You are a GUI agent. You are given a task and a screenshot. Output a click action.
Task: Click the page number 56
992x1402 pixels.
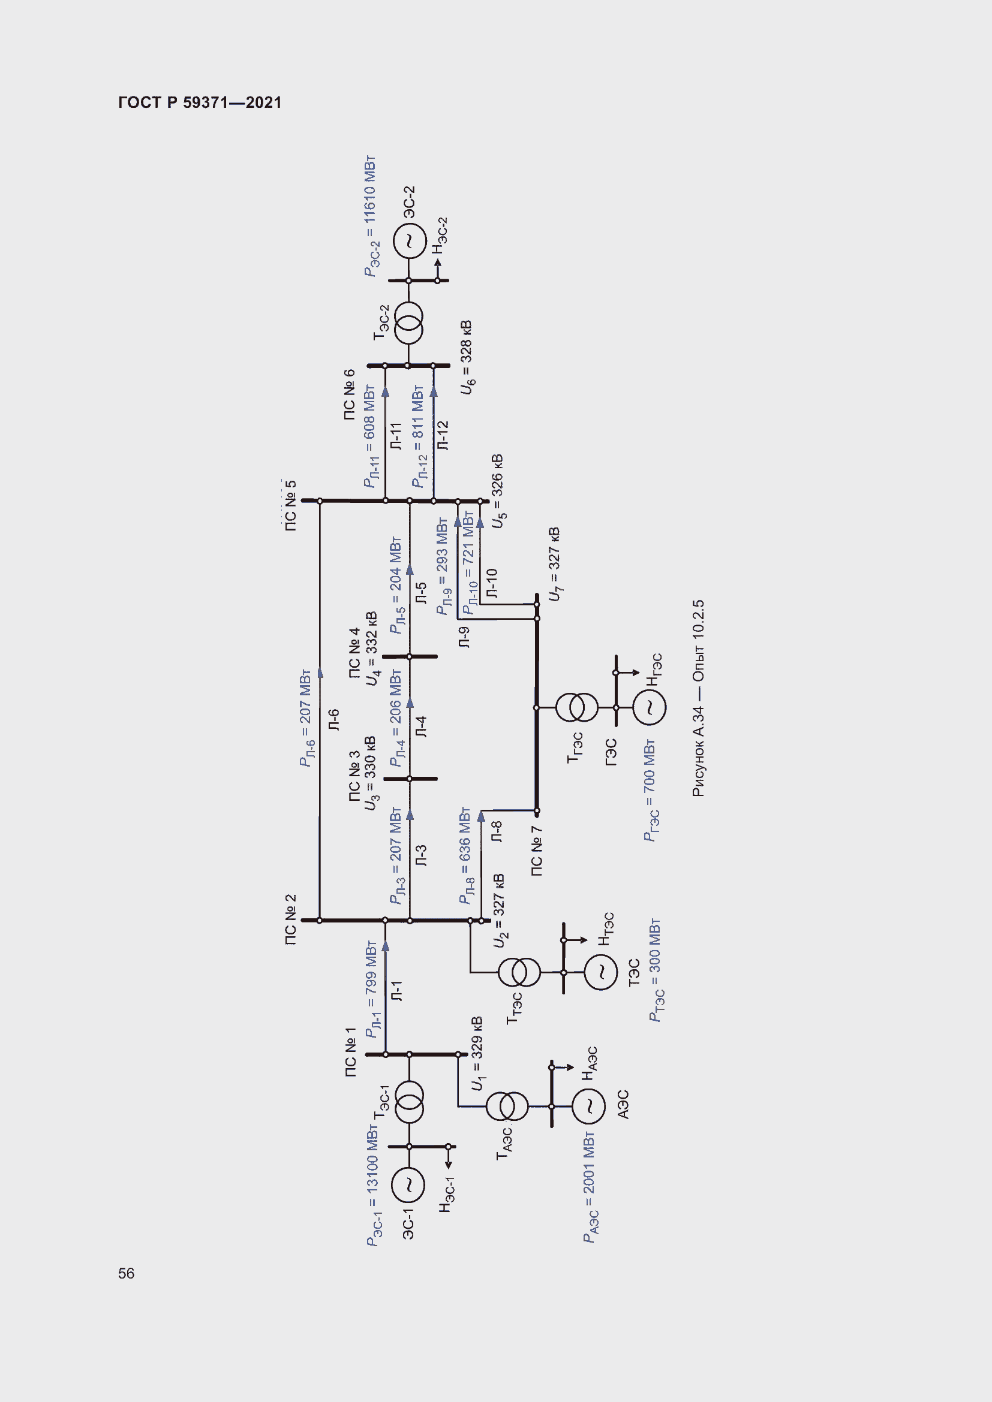(x=126, y=1273)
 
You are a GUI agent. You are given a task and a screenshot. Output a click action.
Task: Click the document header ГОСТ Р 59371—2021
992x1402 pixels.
(x=200, y=102)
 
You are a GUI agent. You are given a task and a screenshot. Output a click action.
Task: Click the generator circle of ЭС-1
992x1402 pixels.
(x=408, y=1184)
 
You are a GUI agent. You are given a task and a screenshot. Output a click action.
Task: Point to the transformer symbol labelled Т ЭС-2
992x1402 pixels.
(x=408, y=323)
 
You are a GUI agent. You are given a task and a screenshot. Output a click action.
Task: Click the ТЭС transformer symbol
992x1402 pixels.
(x=519, y=972)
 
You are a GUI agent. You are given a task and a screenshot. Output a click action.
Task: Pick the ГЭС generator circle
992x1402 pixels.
(x=650, y=708)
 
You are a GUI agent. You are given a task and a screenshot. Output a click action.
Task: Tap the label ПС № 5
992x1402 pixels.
(x=291, y=505)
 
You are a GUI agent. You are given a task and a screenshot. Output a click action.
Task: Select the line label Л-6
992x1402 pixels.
(x=334, y=720)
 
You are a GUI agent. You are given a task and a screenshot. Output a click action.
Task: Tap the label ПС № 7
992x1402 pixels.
(x=537, y=851)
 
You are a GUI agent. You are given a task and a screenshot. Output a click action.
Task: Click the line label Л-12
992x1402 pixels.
(x=443, y=435)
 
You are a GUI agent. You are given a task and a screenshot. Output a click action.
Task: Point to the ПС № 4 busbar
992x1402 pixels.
(x=409, y=656)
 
